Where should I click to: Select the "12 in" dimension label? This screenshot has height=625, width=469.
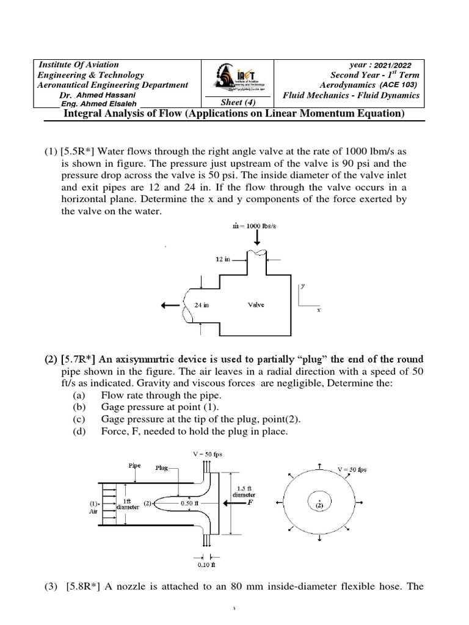223,259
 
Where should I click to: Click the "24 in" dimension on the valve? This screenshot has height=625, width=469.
201,305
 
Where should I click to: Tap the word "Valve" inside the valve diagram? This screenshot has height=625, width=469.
256,305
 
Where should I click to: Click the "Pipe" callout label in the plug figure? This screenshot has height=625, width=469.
134,465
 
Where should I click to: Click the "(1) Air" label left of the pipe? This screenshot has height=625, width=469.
93,507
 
